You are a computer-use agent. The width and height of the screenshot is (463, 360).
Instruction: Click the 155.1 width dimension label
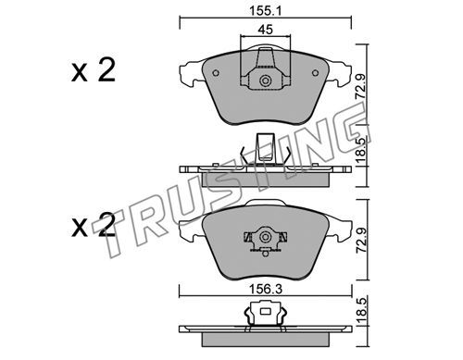coord(266,11)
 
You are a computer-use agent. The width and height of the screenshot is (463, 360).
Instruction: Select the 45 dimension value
coord(266,30)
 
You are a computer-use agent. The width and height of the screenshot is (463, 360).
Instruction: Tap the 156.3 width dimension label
coord(266,290)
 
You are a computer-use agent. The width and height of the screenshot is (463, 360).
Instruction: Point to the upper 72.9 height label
coord(360,87)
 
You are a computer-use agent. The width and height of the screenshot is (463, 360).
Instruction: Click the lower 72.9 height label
coord(360,241)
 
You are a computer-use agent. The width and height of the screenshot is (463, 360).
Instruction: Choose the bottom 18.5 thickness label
coord(360,310)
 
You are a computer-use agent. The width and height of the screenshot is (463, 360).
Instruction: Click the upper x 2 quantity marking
coord(94,70)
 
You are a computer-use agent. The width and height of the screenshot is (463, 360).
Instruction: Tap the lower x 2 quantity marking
coord(94,225)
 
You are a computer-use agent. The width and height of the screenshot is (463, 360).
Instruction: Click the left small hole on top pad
coord(216,73)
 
